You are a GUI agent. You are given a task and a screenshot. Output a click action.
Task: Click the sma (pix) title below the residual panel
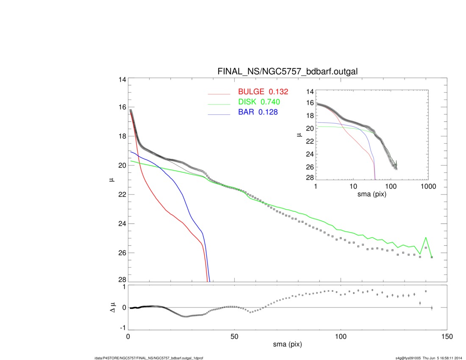click(287, 345)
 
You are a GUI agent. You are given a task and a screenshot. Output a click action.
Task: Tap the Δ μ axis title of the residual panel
click(111, 307)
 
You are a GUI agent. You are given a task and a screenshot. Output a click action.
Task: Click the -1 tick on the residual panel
click(122, 328)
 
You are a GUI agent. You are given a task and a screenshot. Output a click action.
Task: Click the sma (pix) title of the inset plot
click(372, 194)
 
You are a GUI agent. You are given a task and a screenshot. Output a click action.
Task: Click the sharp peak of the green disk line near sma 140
click(426, 238)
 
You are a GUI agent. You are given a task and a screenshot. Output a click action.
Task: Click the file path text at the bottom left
click(151, 358)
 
